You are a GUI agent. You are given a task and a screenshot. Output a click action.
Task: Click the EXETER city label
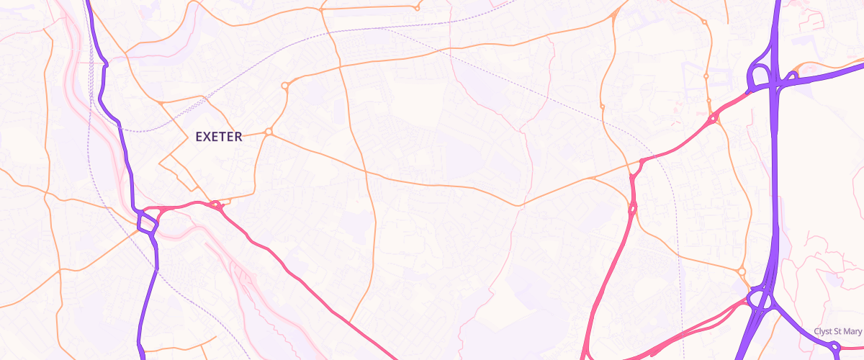219,136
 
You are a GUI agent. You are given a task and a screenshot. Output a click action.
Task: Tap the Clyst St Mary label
837,331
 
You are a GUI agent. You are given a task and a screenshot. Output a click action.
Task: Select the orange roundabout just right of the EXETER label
269,132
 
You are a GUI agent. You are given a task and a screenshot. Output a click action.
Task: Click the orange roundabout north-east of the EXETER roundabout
285,86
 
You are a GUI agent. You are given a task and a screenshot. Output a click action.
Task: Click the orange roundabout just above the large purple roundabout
742,271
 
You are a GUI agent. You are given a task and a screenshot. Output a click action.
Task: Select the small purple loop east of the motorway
793,76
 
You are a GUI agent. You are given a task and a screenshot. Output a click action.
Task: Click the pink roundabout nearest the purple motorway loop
713,119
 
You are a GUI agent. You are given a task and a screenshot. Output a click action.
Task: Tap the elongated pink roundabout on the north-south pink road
633,209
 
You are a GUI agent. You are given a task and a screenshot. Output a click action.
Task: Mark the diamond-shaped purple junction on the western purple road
148,222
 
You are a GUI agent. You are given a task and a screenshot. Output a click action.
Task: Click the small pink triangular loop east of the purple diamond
217,207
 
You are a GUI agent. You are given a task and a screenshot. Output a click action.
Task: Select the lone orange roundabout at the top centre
417,9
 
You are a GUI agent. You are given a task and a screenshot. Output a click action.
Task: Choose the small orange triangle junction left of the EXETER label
162,104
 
